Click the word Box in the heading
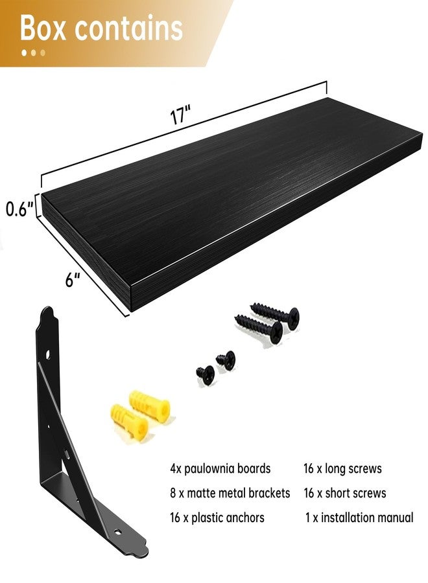pos(46,29)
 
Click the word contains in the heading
pos(129,29)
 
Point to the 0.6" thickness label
pos(19,209)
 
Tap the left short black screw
pos(206,372)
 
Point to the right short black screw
pos(226,360)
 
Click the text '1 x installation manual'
pos(359,518)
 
